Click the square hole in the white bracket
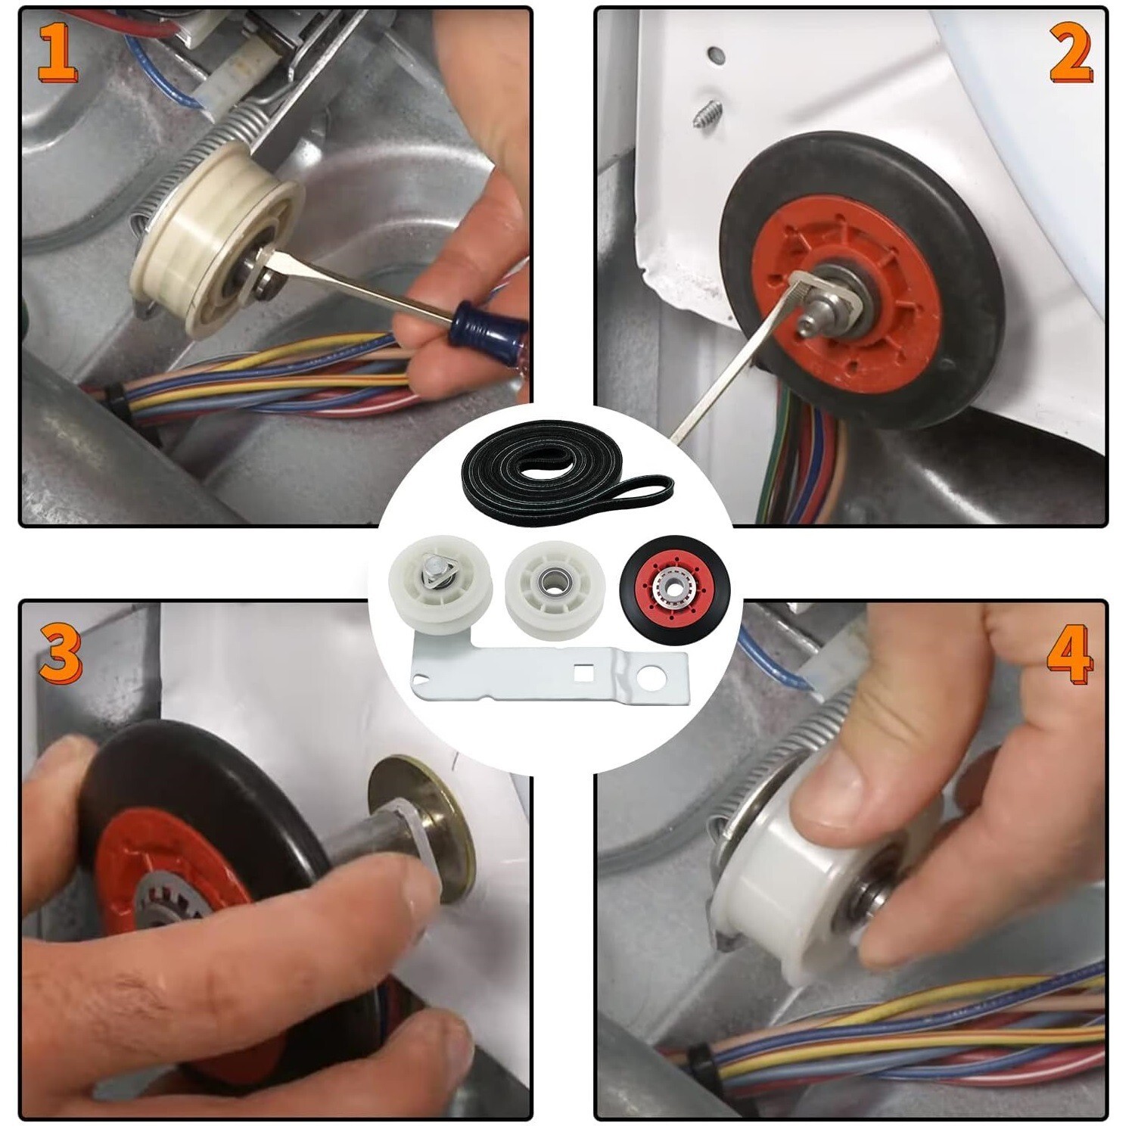point(583,669)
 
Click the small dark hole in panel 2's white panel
point(714,55)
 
